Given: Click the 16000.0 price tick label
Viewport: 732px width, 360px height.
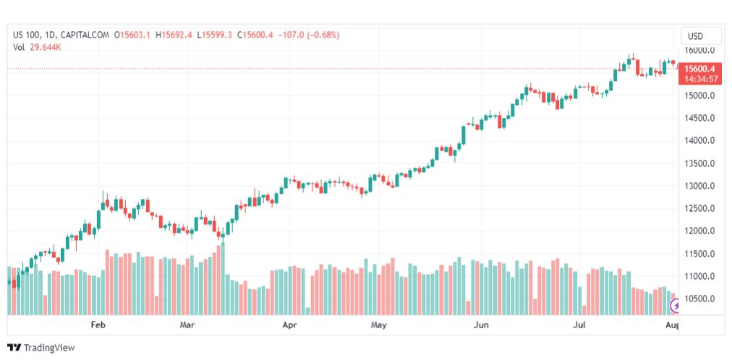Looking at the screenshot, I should click(x=700, y=50).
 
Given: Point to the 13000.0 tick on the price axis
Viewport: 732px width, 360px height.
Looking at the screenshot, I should click(x=700, y=186).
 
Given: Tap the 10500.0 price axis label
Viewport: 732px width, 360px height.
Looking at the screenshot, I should click(x=700, y=299).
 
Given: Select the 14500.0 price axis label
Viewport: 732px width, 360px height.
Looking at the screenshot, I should click(x=700, y=118).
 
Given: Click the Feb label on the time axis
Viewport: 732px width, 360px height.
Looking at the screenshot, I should click(x=98, y=325).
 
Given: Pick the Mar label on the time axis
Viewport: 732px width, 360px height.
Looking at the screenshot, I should click(x=187, y=325).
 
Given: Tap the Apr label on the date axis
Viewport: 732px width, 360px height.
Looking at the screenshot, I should click(x=290, y=325).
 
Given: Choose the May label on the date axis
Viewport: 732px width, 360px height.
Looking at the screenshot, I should click(x=378, y=325).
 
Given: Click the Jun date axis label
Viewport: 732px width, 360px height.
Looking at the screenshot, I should click(x=481, y=325).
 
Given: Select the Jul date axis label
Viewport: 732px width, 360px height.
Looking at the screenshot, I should click(x=579, y=325).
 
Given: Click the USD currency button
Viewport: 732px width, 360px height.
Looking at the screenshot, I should click(x=695, y=35).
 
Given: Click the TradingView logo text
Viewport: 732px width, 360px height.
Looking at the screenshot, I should click(x=41, y=348).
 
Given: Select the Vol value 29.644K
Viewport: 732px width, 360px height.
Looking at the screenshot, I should click(x=46, y=47).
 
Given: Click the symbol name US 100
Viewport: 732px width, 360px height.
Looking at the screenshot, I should click(x=28, y=35).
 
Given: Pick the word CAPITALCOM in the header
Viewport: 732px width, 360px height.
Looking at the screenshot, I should click(x=85, y=35).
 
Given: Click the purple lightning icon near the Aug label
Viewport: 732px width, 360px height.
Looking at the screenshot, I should click(x=676, y=307).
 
